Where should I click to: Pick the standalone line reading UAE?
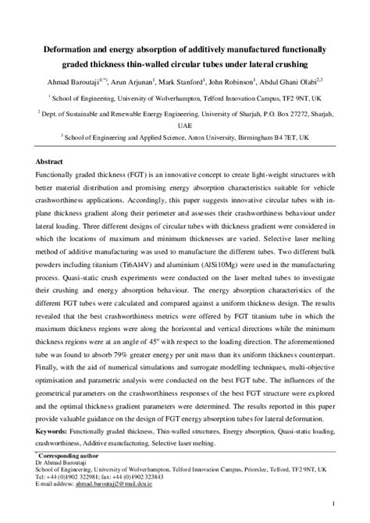[184, 124]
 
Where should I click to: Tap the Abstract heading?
[51, 162]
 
